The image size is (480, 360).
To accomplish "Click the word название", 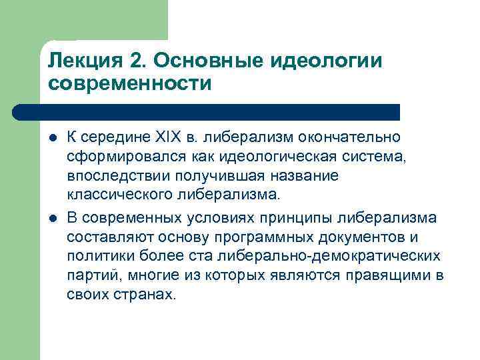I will pyautogui.click(x=306, y=176).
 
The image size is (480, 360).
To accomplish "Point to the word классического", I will pyautogui.click(x=116, y=195).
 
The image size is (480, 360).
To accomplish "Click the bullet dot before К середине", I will pyautogui.click(x=52, y=138).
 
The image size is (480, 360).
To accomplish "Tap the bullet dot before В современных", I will pyautogui.click(x=52, y=218).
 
